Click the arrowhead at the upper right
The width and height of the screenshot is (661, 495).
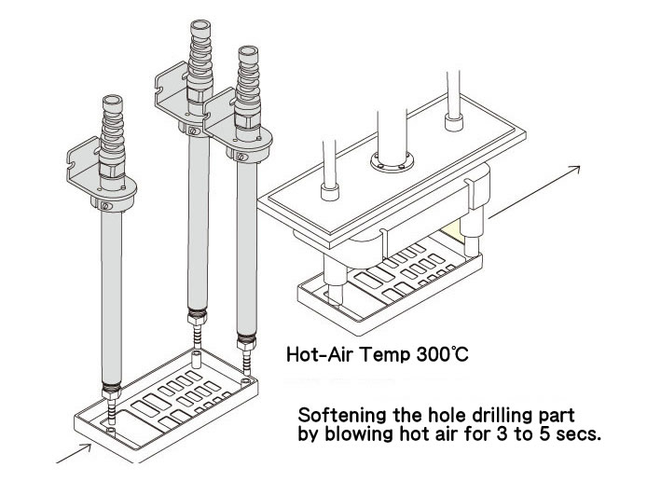coord(577,169)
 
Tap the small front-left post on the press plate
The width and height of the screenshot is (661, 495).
coord(328,196)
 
